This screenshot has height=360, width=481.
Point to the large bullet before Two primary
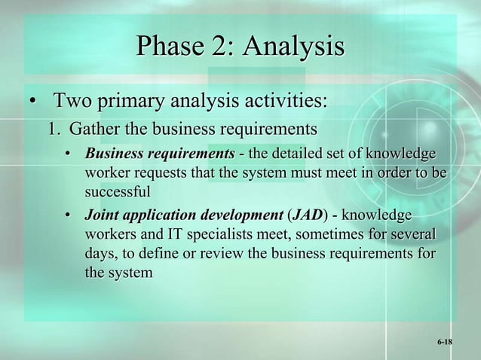coord(32,101)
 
